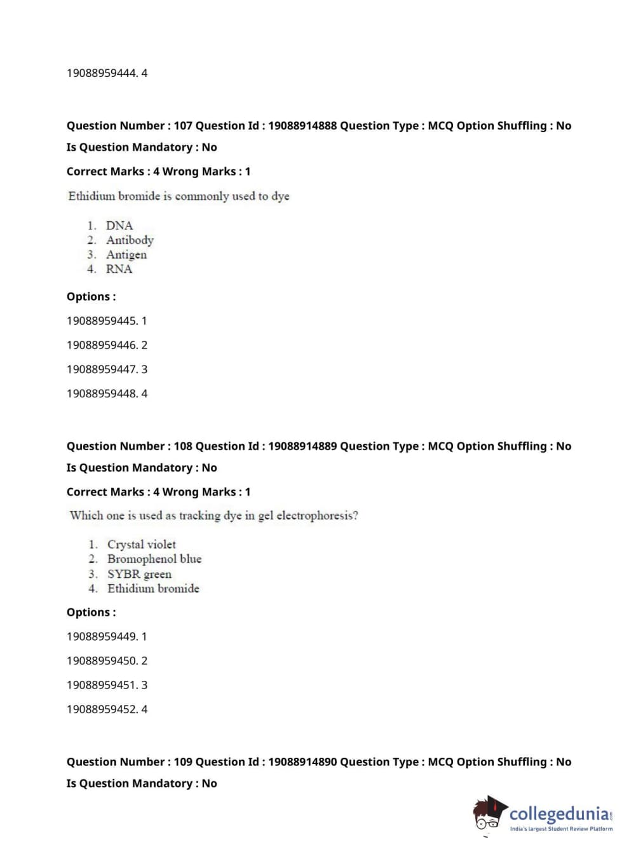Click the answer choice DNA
pos(119,226)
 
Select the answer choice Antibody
pos(130,240)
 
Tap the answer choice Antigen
pos(126,255)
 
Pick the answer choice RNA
pos(119,269)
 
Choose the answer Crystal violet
pos(141,545)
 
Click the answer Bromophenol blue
pos(154,559)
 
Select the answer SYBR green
pos(139,574)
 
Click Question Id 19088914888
pos(302,126)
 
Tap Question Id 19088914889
pos(302,446)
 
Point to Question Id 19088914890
pos(302,762)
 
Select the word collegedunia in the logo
pos(558,814)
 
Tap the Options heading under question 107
pos(91,297)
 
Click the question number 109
pos(183,762)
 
